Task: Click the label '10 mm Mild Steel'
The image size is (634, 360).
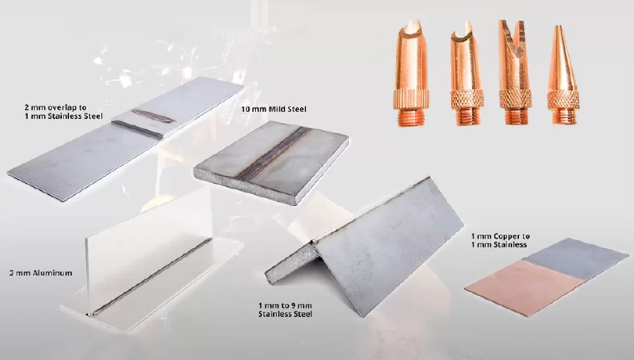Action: [x=274, y=110]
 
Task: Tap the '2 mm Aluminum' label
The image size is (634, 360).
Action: [x=41, y=273]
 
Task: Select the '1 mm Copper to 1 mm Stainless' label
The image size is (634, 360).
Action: [x=500, y=240]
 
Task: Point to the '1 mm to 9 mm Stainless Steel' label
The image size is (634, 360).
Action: [x=285, y=310]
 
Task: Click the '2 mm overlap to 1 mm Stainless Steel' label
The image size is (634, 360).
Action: [x=63, y=112]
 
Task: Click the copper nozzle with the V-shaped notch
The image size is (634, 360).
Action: [x=514, y=72]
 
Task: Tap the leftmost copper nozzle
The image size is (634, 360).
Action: [x=411, y=73]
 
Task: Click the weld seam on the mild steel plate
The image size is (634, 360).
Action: [x=272, y=153]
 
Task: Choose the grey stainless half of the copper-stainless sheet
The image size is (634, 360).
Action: [x=578, y=258]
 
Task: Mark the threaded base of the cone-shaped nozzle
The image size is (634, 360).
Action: [x=564, y=114]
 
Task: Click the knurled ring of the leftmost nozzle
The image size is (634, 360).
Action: [x=411, y=100]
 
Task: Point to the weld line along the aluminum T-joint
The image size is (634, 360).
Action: [x=149, y=277]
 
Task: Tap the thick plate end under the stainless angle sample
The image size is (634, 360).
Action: [x=292, y=264]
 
